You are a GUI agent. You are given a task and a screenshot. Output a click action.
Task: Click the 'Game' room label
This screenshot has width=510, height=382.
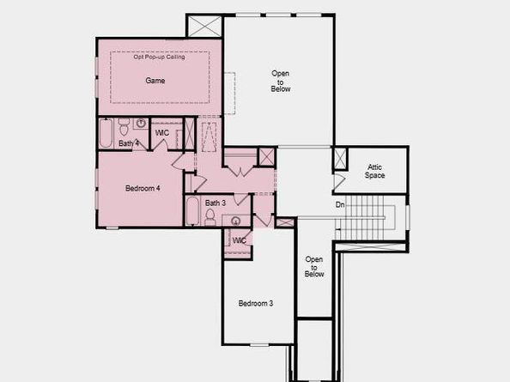coord(155,81)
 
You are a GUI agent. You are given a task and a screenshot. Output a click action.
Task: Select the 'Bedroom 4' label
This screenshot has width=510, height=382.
coord(143,188)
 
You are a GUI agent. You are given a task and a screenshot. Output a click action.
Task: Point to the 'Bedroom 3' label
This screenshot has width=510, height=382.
coord(256,303)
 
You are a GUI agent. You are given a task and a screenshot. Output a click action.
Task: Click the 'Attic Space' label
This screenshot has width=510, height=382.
coord(375,172)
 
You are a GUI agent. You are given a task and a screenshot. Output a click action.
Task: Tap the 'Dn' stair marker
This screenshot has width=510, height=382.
coord(340,204)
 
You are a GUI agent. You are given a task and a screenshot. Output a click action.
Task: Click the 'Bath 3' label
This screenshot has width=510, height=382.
coord(216,203)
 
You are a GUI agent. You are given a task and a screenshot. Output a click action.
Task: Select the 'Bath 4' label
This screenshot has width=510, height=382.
coord(129,143)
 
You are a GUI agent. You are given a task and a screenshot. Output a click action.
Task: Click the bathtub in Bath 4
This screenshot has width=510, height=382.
coord(106,133)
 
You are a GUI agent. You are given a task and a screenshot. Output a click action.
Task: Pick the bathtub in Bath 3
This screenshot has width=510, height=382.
coord(193,210)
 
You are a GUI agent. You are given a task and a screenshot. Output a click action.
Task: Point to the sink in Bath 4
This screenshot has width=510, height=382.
coord(141,124)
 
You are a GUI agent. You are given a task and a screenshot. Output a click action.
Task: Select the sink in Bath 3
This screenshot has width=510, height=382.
coord(234,221)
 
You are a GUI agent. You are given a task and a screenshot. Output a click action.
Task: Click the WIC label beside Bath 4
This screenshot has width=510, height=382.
coord(161,133)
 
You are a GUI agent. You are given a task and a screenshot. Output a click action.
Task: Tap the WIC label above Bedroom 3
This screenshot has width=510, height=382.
coord(240,240)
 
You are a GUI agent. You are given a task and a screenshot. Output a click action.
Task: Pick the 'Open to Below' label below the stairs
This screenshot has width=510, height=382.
coord(315,266)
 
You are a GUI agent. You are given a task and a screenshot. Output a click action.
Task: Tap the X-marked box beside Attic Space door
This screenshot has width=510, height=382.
coord(339,159)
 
